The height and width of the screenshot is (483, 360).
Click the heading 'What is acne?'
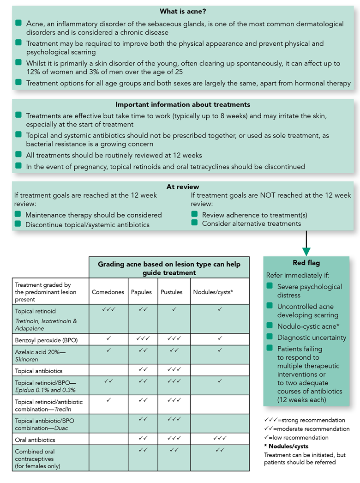pos(183,11)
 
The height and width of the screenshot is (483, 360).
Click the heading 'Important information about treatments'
pos(183,104)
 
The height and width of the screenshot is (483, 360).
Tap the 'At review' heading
pos(183,187)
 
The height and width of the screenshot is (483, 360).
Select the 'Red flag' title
pos(306,263)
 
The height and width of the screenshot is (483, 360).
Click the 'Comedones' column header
pos(108,292)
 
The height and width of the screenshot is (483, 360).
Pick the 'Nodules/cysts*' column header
pos(219,292)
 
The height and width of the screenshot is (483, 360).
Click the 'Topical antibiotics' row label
pos(38,370)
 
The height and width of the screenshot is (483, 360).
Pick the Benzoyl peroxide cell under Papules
pos(143,338)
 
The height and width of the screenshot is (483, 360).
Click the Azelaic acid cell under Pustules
pos(174,350)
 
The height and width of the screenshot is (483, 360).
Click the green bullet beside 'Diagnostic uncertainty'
pos(270,337)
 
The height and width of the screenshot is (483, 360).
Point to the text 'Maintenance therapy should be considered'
pos(94,215)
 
